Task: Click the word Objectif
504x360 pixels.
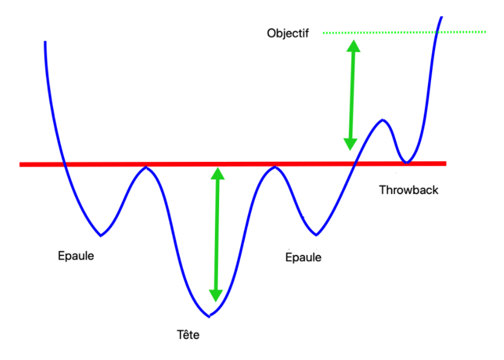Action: (x=287, y=33)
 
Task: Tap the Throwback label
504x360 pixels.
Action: (x=409, y=190)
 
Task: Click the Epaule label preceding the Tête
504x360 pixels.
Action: (x=75, y=255)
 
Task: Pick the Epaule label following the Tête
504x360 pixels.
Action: (x=303, y=257)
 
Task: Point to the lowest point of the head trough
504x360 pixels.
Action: (x=209, y=316)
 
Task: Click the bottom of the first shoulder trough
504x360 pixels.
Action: (x=101, y=235)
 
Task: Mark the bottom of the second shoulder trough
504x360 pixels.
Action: (x=316, y=234)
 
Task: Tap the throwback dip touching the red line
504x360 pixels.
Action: (x=407, y=162)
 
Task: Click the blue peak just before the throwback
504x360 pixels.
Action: (x=382, y=120)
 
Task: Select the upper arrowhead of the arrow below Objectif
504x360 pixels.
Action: (x=354, y=46)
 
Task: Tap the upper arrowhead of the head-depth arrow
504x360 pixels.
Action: (x=218, y=174)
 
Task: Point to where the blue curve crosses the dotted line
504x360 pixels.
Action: (x=435, y=31)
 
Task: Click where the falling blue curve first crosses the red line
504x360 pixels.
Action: (x=64, y=164)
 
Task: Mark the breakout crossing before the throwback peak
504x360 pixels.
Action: (x=355, y=163)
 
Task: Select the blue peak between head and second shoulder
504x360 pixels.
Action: (x=275, y=166)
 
